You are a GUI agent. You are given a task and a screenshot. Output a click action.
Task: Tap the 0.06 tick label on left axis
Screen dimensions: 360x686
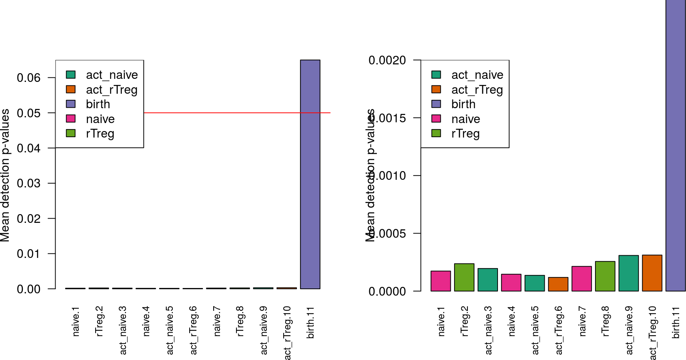tap(29, 78)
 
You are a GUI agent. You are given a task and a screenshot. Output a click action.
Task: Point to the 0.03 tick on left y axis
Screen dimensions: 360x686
tap(29, 183)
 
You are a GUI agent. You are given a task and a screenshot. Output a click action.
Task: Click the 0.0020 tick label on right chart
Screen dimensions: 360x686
tap(387, 60)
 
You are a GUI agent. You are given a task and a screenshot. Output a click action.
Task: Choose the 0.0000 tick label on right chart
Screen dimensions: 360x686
tap(387, 291)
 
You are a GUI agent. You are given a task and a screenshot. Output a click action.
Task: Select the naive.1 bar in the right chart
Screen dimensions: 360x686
tap(440, 281)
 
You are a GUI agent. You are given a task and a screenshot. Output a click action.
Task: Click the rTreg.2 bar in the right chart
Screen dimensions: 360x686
tap(464, 277)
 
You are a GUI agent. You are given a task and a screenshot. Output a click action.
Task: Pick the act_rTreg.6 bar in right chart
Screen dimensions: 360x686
tap(558, 284)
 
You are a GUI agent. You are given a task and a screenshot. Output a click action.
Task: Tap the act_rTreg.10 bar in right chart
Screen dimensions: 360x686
tap(652, 273)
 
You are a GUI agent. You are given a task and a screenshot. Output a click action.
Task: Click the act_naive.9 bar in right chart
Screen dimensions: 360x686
tap(629, 273)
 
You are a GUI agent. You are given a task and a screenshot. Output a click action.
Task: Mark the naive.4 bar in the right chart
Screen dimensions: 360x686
tap(511, 283)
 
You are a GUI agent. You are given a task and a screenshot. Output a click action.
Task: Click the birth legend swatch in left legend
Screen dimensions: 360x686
tap(71, 104)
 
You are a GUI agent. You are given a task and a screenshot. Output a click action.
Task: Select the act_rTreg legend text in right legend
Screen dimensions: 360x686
tap(477, 90)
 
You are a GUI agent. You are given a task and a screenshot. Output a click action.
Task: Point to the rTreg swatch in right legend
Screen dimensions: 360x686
tap(436, 133)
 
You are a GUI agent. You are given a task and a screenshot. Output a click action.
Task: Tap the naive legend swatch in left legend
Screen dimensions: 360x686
tap(71, 118)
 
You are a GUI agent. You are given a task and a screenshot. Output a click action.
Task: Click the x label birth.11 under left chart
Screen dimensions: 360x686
tap(311, 322)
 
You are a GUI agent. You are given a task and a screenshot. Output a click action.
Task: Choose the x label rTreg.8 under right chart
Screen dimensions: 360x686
tap(606, 321)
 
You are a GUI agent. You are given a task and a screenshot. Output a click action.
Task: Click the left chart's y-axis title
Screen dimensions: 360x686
tap(5, 175)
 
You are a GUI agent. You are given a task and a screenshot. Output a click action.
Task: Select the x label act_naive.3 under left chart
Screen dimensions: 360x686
tap(123, 330)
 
